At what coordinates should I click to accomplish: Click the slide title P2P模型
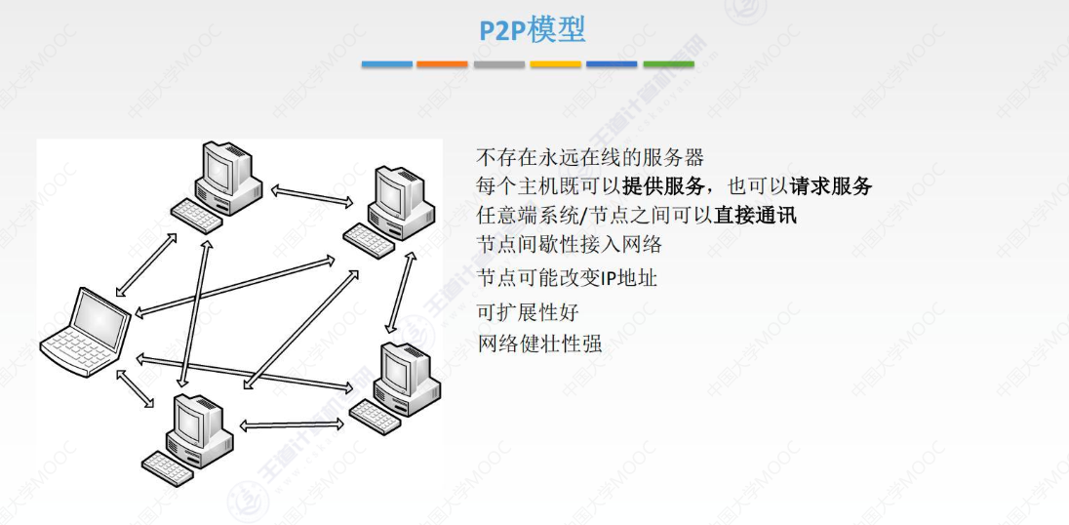tap(532, 30)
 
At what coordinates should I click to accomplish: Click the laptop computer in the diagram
tap(86, 326)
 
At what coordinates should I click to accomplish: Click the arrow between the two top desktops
tap(312, 195)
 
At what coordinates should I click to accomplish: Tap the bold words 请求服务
tap(830, 186)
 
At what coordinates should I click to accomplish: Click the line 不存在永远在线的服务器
tap(589, 157)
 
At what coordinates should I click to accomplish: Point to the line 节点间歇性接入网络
tap(569, 245)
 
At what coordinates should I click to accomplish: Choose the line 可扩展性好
tap(527, 312)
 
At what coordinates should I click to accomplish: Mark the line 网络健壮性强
tap(539, 343)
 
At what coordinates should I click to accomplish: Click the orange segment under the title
tap(443, 64)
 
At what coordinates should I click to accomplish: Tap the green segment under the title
tap(668, 64)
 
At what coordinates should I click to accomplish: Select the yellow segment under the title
tap(556, 64)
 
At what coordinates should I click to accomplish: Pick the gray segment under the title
tap(499, 64)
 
